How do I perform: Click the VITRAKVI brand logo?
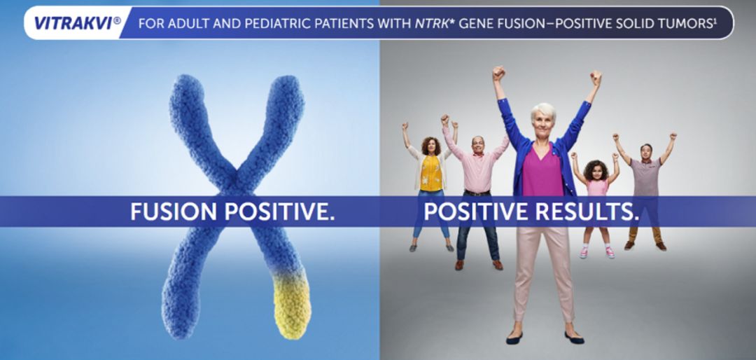[x=77, y=23]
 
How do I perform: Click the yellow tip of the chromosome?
[x=292, y=305]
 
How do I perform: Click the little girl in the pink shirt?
[x=596, y=202]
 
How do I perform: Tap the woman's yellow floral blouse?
[x=430, y=173]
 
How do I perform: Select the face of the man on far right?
[x=646, y=152]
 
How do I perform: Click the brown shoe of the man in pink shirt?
[x=498, y=265]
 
